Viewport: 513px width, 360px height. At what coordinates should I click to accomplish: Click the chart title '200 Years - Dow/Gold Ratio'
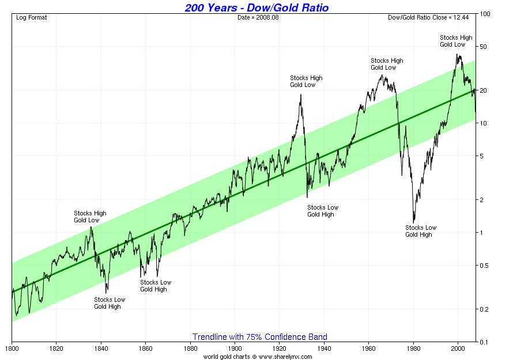(x=257, y=7)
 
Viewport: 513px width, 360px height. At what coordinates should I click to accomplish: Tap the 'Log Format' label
(x=32, y=17)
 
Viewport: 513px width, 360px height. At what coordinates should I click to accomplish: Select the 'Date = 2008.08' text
(x=257, y=17)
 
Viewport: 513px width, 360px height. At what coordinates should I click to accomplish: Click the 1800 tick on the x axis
(x=12, y=348)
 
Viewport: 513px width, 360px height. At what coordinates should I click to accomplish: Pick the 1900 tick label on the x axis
(x=235, y=348)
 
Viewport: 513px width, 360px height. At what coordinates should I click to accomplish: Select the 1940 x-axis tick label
(x=324, y=348)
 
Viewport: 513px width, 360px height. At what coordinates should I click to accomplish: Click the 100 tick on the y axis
(x=485, y=13)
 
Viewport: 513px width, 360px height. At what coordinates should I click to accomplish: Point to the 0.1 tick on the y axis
(x=485, y=342)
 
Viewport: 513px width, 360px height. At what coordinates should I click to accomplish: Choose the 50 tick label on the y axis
(x=485, y=47)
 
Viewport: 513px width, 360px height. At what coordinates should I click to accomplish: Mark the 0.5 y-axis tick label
(x=485, y=266)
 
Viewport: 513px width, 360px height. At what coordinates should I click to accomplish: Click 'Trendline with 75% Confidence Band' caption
(x=259, y=337)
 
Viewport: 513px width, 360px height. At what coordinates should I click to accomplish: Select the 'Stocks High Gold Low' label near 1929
(x=306, y=81)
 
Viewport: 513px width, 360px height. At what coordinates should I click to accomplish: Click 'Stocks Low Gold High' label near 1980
(x=421, y=231)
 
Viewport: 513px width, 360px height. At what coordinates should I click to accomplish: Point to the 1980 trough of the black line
(x=413, y=222)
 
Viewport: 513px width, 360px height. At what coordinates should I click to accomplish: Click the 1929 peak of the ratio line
(x=301, y=94)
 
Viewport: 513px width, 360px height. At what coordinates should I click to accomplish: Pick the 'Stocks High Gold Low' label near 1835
(x=90, y=217)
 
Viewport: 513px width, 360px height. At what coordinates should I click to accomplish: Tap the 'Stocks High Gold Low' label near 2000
(x=456, y=41)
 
